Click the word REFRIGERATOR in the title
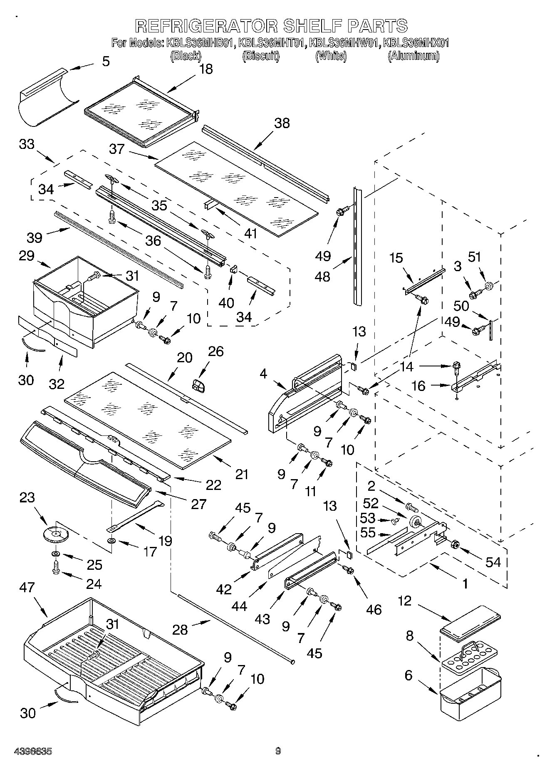pyautogui.click(x=206, y=26)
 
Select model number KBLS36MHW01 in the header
pyautogui.click(x=344, y=43)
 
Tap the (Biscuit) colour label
pyautogui.click(x=260, y=56)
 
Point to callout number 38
pyautogui.click(x=282, y=123)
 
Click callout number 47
pyautogui.click(x=27, y=587)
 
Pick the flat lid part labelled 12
pyautogui.click(x=470, y=622)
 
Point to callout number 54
pyautogui.click(x=493, y=562)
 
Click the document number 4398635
pyautogui.click(x=33, y=752)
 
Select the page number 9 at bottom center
pyautogui.click(x=278, y=751)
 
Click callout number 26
pyautogui.click(x=216, y=351)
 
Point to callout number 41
pyautogui.click(x=250, y=233)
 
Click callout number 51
pyautogui.click(x=474, y=257)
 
